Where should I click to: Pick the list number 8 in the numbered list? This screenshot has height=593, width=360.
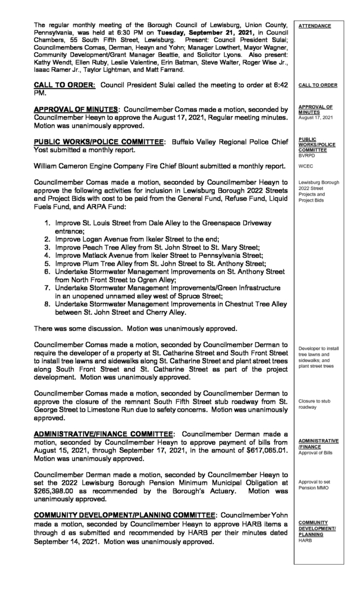coord(46,305)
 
